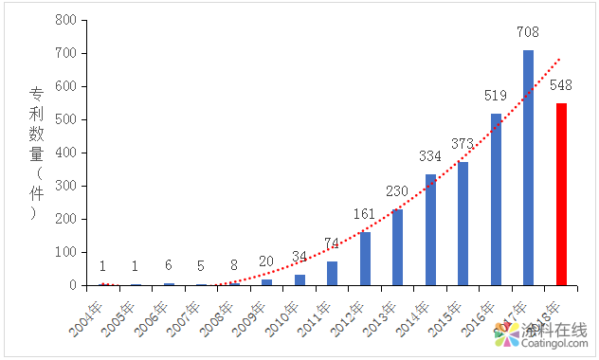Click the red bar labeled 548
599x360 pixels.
pos(561,194)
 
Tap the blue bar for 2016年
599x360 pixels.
pos(496,199)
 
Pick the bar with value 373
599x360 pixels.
pos(463,224)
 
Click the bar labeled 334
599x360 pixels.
pos(430,230)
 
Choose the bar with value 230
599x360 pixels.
pos(397,247)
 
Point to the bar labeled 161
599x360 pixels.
pos(365,259)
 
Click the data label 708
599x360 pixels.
pos(528,32)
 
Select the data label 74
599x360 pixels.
pos(332,243)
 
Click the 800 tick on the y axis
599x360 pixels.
pos(65,20)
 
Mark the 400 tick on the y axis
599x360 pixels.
pos(65,153)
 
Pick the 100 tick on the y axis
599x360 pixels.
pos(65,252)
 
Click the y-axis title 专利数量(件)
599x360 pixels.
pos(36,153)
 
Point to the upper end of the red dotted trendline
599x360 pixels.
pos(559,60)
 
